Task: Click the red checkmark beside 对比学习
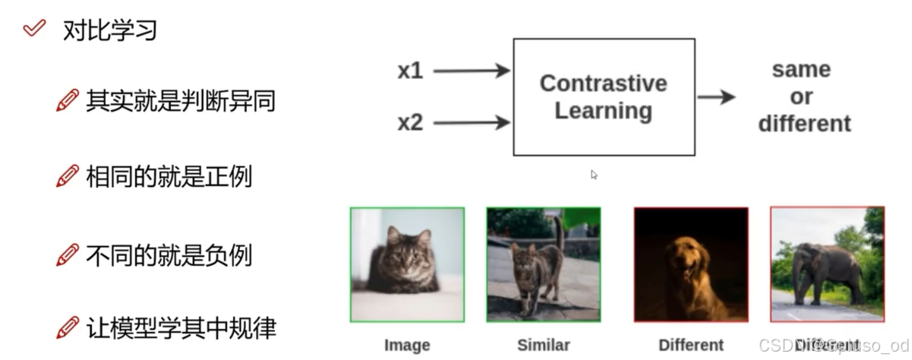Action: click(x=33, y=30)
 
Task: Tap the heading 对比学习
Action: click(x=110, y=30)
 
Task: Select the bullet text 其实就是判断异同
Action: click(x=180, y=100)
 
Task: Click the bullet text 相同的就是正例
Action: click(x=169, y=177)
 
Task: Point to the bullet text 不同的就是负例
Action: click(x=169, y=255)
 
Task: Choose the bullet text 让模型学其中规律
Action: click(x=180, y=327)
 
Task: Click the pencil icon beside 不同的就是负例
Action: click(x=68, y=254)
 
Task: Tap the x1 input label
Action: click(x=410, y=71)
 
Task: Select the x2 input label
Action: click(x=410, y=122)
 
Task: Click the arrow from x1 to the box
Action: click(x=471, y=71)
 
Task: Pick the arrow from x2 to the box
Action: click(x=471, y=122)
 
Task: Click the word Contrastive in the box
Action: click(x=603, y=83)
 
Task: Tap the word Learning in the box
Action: click(x=603, y=111)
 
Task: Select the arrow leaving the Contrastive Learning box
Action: click(x=716, y=96)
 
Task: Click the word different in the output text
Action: click(x=804, y=123)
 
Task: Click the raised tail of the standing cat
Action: click(x=558, y=232)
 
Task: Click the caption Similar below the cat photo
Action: click(x=543, y=345)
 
